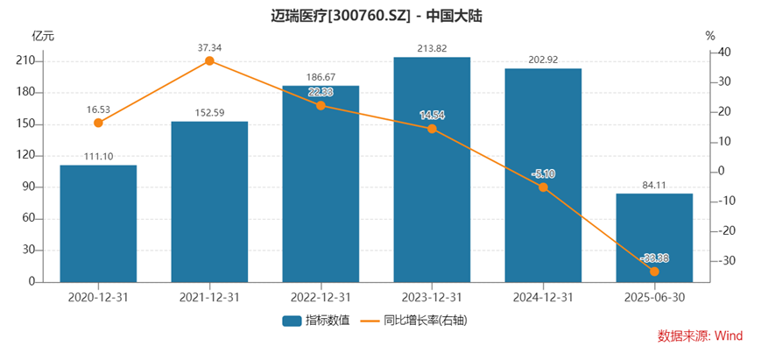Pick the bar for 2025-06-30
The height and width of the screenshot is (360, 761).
[x=654, y=237]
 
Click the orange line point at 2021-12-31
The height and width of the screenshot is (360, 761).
[x=209, y=60]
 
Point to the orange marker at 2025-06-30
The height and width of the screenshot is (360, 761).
[x=654, y=272]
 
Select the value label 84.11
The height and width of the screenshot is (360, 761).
[x=654, y=184]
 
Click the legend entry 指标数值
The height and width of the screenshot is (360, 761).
[x=316, y=320]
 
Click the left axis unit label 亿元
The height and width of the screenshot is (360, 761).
[x=43, y=36]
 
